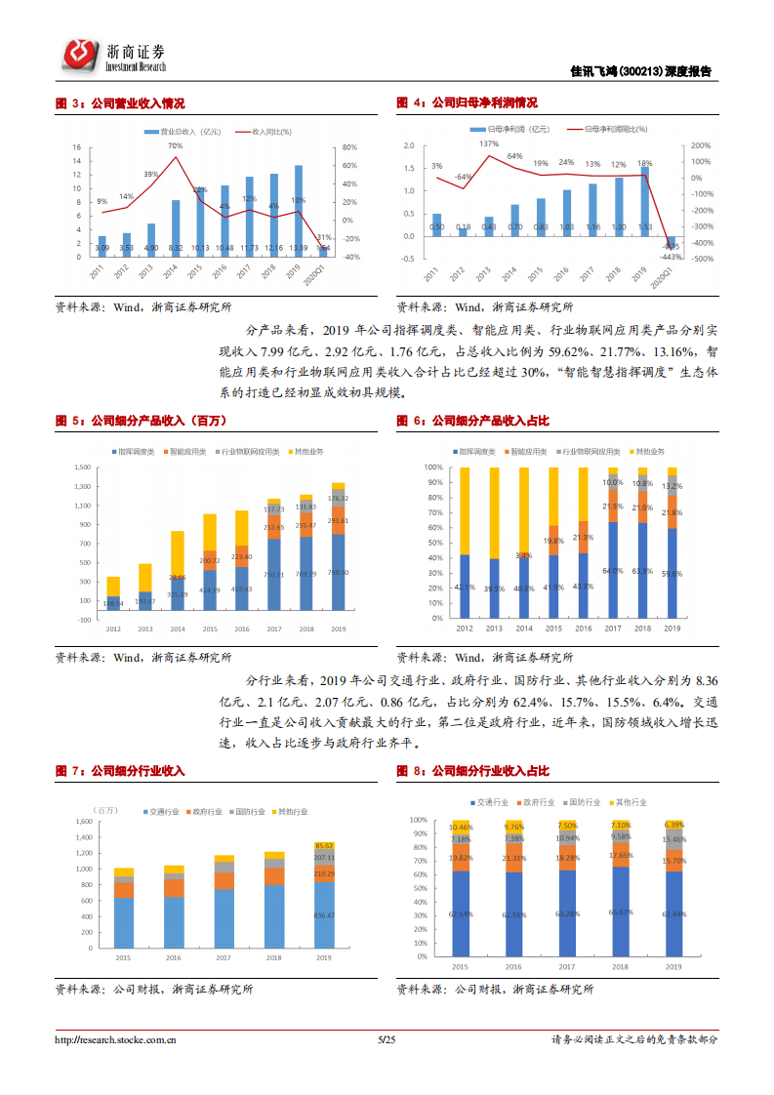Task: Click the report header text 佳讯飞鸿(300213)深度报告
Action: click(x=640, y=71)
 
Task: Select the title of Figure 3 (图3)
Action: click(x=120, y=102)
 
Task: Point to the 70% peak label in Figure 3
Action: click(x=175, y=145)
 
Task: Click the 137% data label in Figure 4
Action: click(x=488, y=144)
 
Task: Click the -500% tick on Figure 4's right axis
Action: click(x=700, y=259)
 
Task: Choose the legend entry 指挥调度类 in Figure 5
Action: click(x=136, y=452)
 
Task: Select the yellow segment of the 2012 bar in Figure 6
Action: click(x=465, y=510)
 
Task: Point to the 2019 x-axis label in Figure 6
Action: click(x=672, y=629)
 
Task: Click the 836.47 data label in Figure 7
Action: click(x=325, y=915)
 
